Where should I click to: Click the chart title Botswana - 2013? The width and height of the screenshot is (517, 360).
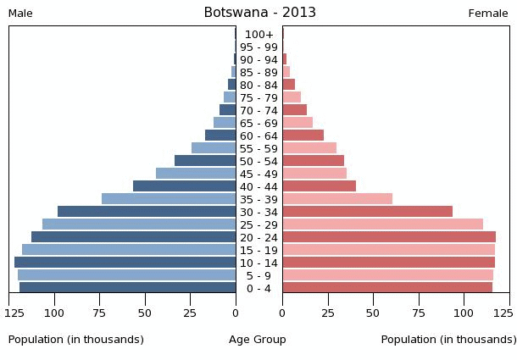(x=259, y=13)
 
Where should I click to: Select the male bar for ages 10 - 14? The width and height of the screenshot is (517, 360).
(x=125, y=263)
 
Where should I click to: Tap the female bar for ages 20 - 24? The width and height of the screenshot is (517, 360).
(x=389, y=237)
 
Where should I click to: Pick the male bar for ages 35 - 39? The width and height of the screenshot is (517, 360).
(x=169, y=199)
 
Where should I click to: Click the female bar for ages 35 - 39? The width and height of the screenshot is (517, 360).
(x=337, y=199)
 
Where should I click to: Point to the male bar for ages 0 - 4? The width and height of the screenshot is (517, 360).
(x=127, y=288)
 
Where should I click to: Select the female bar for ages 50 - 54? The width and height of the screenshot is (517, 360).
(x=313, y=161)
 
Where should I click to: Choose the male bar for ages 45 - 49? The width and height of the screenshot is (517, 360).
(x=196, y=174)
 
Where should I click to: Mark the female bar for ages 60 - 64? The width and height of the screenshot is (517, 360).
(x=303, y=136)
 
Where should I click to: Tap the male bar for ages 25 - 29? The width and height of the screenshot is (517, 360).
(x=139, y=224)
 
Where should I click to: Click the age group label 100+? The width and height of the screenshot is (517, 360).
(x=258, y=35)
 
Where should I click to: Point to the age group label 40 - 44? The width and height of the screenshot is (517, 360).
(x=258, y=186)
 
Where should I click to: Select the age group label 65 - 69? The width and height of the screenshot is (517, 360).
(x=258, y=123)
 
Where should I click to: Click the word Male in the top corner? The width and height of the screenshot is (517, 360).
(x=20, y=14)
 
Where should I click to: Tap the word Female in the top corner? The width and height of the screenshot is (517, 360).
(x=488, y=14)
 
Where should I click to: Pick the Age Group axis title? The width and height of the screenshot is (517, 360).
(x=258, y=340)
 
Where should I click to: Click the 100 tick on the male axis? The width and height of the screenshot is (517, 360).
(x=54, y=312)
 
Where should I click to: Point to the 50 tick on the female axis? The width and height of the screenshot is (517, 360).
(x=373, y=312)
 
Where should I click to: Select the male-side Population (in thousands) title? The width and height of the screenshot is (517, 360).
(x=76, y=340)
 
